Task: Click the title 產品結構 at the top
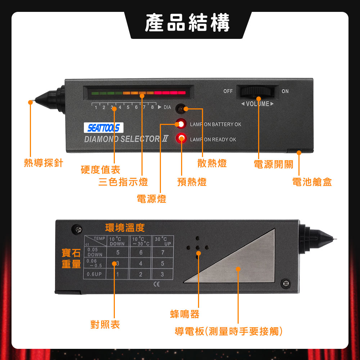[187, 22]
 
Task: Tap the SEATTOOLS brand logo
[104, 128]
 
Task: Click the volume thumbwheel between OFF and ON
[257, 91]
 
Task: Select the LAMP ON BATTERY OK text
[216, 125]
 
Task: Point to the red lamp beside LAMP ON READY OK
[181, 138]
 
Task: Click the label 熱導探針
[44, 163]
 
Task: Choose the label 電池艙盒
[312, 182]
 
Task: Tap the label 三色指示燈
[123, 182]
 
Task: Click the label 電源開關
[274, 165]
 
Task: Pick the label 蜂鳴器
[185, 314]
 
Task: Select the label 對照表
[105, 324]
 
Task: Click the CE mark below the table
[156, 284]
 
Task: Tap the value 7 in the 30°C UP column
[163, 252]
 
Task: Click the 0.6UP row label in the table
[94, 274]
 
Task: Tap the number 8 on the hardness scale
[152, 107]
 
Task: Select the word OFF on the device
[228, 91]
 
